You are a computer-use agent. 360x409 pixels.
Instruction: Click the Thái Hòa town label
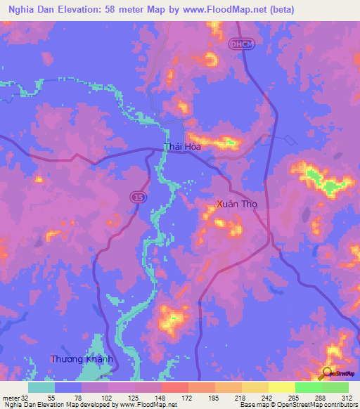pos(181,147)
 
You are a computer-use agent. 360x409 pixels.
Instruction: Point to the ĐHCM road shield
pos(238,44)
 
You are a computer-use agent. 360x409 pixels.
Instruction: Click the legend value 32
pos(25,397)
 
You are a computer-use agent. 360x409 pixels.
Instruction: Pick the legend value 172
pos(188,397)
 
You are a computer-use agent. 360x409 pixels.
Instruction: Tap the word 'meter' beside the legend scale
pos(11,397)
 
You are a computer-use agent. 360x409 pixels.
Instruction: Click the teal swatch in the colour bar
pos(41,387)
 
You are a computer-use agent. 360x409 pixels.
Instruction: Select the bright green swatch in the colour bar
pos(309,387)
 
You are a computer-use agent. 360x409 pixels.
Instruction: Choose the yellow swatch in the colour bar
pos(282,387)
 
